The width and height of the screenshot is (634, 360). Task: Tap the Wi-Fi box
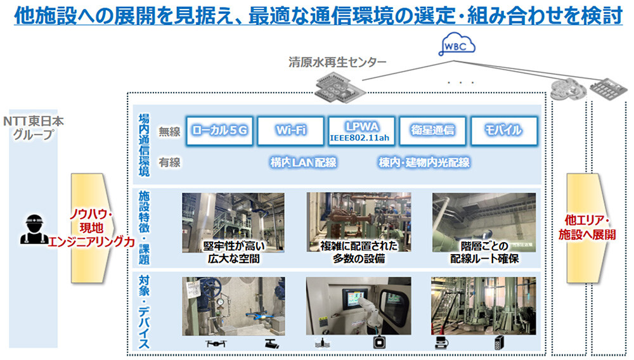291,131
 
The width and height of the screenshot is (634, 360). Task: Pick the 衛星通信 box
433,131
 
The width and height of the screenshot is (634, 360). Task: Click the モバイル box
505,131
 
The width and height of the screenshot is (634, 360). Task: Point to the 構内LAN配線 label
302,163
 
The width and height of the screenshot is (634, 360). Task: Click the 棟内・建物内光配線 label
425,163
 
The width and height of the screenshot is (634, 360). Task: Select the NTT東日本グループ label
34,127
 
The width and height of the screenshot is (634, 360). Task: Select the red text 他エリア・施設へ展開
586,227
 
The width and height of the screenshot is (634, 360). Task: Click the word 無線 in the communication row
169,131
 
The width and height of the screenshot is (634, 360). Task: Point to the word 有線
169,163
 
